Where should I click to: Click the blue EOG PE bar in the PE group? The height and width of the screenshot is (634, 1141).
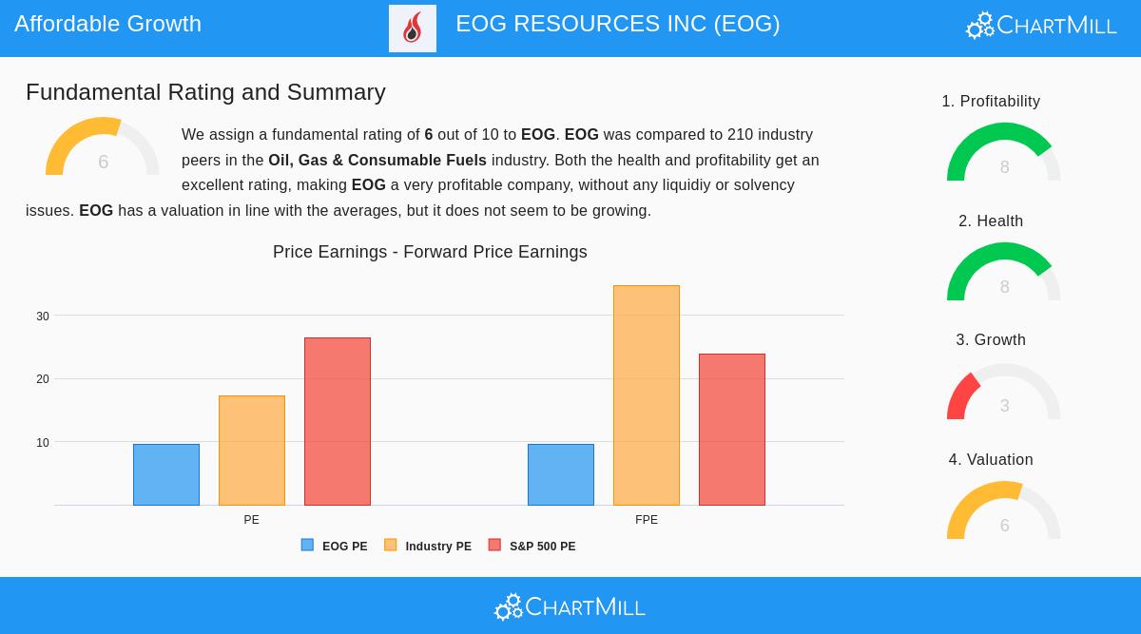pyautogui.click(x=166, y=474)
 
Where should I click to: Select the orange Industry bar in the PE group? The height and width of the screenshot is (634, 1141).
pyautogui.click(x=252, y=451)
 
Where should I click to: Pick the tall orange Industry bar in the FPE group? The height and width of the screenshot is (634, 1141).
pyautogui.click(x=647, y=395)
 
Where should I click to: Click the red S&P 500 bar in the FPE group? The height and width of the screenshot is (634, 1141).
pyautogui.click(x=732, y=430)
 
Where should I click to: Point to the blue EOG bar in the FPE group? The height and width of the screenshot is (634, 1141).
pyautogui.click(x=561, y=474)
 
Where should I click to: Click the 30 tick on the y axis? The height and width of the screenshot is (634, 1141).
pyautogui.click(x=43, y=317)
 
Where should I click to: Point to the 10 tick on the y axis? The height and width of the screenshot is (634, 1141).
pyautogui.click(x=43, y=443)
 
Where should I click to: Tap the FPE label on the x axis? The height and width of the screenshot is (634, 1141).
pyautogui.click(x=647, y=520)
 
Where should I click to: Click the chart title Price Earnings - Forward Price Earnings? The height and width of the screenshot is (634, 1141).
pyautogui.click(x=430, y=252)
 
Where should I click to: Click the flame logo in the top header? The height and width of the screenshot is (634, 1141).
pyautogui.click(x=413, y=29)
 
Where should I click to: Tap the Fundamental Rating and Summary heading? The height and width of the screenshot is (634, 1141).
pyautogui.click(x=205, y=92)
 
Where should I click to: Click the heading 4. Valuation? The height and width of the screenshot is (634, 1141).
pyautogui.click(x=991, y=460)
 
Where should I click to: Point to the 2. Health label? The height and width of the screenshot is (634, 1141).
pyautogui.click(x=991, y=221)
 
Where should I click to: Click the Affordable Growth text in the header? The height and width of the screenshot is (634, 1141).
pyautogui.click(x=108, y=24)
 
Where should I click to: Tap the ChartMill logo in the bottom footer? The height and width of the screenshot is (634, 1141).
pyautogui.click(x=570, y=606)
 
